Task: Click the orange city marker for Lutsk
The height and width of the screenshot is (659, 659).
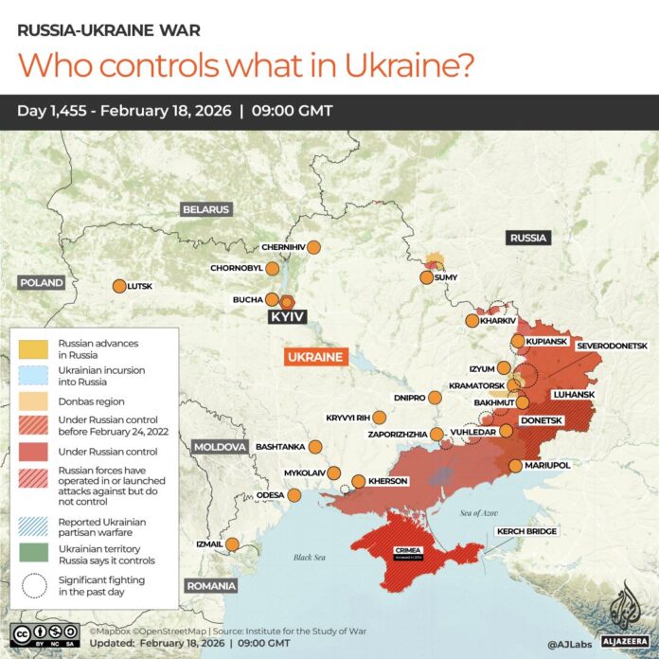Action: (x=119, y=286)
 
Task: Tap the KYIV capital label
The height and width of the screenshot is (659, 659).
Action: (x=287, y=317)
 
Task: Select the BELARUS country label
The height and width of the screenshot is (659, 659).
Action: (x=206, y=209)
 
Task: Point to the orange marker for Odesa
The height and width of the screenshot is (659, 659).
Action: (x=294, y=494)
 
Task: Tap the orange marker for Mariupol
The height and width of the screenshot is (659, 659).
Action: (x=514, y=466)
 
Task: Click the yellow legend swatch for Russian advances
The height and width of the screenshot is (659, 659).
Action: (x=34, y=347)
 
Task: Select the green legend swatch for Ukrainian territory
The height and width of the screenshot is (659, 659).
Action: (x=34, y=555)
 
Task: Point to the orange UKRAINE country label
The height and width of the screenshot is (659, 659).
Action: (x=316, y=357)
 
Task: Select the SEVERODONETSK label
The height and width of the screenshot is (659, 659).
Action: (x=611, y=347)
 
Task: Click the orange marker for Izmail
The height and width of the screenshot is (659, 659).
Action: (x=232, y=543)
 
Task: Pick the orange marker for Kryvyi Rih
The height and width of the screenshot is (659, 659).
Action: (x=380, y=418)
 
